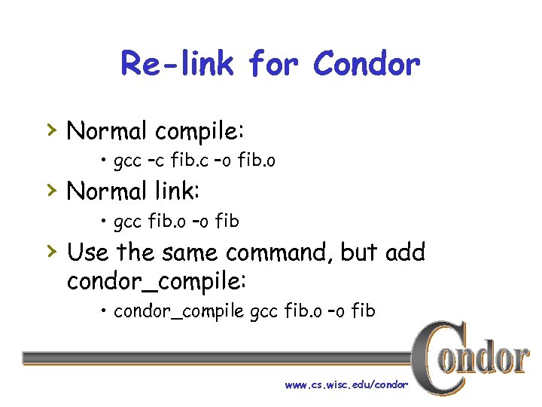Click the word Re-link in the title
178,64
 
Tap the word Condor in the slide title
366,64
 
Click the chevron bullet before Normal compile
50,130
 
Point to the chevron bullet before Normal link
50,191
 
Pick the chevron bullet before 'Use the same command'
50,251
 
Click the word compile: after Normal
199,132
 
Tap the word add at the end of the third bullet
404,252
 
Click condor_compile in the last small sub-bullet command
178,311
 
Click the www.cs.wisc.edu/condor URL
346,385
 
